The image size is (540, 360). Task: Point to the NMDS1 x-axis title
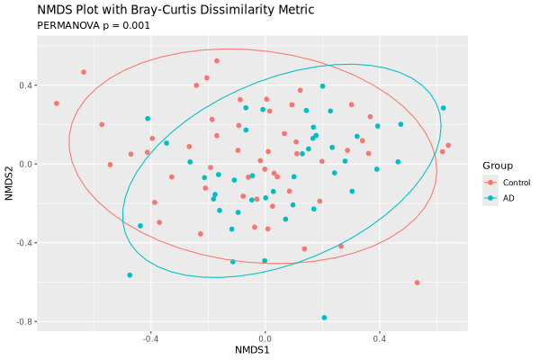point(253,348)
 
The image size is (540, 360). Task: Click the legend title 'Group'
point(498,166)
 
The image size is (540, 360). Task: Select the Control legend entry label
point(516,183)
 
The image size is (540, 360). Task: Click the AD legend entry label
point(508,198)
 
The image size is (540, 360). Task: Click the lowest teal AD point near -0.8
point(324,318)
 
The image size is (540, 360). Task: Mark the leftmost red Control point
point(57,103)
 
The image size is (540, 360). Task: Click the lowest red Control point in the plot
point(418,283)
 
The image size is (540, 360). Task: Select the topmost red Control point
point(217,61)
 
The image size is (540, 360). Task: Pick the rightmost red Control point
point(448,145)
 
